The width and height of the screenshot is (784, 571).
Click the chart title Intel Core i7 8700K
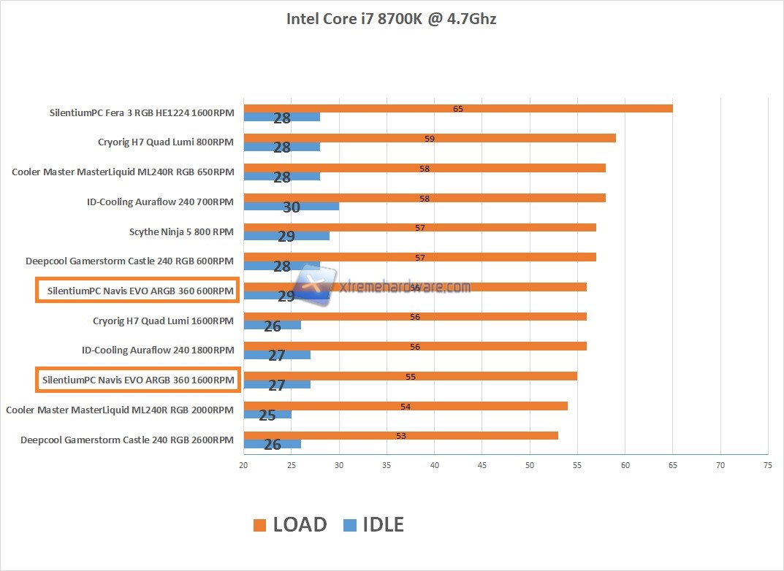point(391,19)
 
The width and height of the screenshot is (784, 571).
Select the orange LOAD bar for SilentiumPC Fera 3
point(457,109)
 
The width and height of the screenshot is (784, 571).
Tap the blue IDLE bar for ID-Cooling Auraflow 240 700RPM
point(291,207)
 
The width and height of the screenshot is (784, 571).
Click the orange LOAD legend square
point(259,525)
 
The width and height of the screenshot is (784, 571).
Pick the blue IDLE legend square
point(349,525)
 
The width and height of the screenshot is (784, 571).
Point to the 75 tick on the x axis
point(767,464)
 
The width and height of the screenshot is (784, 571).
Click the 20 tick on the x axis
point(243,464)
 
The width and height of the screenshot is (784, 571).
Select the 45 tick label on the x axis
point(482,464)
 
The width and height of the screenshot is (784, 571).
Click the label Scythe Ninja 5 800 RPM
point(181,232)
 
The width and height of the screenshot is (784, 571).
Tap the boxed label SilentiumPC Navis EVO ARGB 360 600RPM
point(137,291)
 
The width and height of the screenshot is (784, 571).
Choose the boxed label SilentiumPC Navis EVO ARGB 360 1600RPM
point(137,380)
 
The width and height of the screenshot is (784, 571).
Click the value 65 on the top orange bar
point(458,109)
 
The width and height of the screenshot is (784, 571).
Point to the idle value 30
point(291,207)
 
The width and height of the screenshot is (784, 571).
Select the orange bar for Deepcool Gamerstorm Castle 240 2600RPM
point(400,436)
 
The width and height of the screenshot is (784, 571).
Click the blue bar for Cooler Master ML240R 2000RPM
point(267,415)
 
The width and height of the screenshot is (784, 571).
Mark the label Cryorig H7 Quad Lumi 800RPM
point(166,142)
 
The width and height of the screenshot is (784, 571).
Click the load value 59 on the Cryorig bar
point(430,138)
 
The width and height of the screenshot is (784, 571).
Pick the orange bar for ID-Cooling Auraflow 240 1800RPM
point(415,347)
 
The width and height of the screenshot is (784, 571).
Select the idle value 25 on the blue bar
point(267,415)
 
